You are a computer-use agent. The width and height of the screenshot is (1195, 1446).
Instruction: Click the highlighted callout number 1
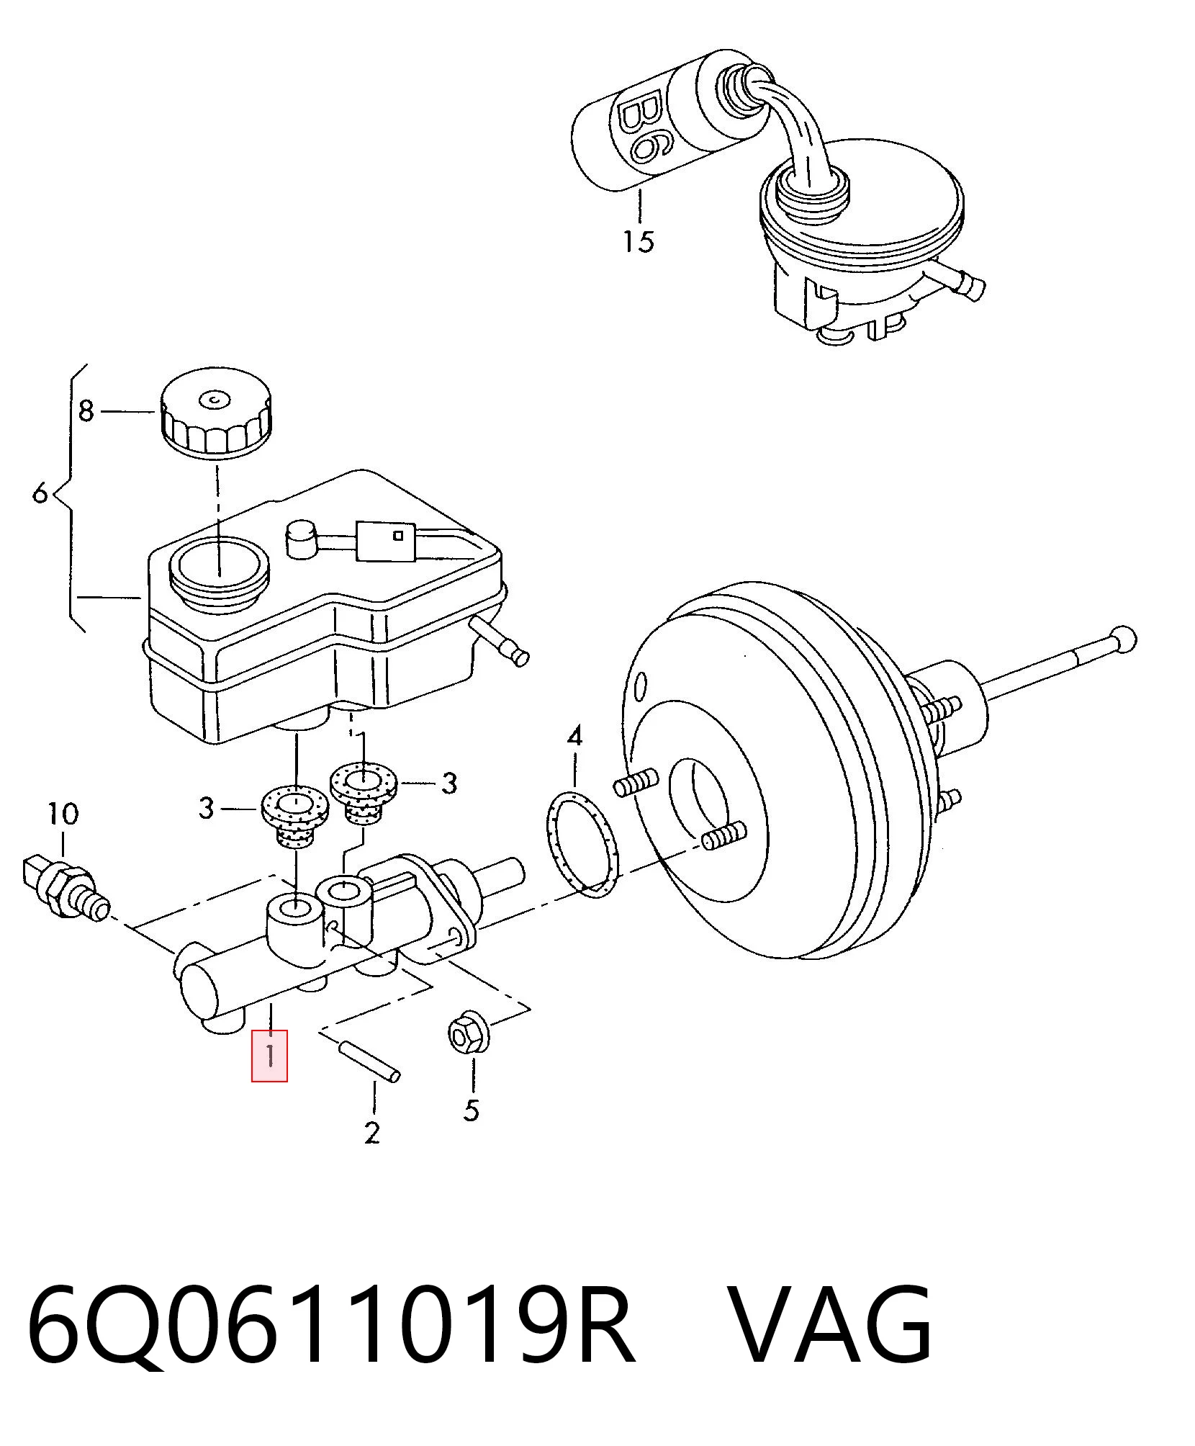point(269,1056)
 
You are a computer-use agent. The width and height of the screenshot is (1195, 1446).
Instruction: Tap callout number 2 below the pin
point(371,1133)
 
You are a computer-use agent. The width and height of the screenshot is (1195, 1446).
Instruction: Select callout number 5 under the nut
point(471,1110)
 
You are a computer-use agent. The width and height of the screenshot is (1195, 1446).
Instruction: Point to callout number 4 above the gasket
point(574,737)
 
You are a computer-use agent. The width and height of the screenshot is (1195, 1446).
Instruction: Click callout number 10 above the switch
point(63,814)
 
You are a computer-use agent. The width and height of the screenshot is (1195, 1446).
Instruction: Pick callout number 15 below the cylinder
point(639,241)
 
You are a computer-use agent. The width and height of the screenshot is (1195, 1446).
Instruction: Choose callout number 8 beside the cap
point(86,411)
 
